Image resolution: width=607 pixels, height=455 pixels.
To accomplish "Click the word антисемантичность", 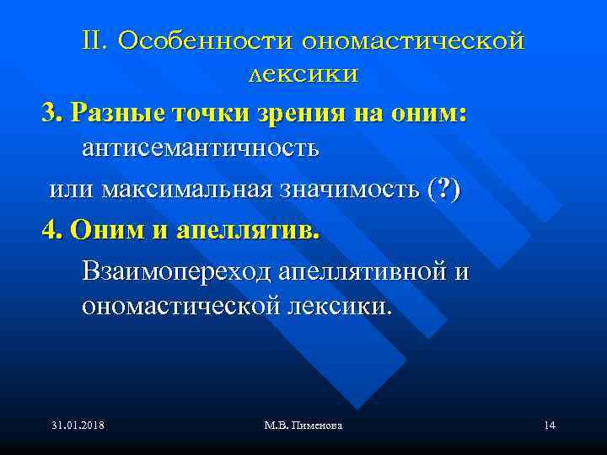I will [x=200, y=149].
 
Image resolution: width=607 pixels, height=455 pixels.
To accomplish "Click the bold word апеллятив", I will [x=249, y=229].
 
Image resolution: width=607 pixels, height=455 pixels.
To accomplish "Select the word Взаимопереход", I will [x=174, y=272].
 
